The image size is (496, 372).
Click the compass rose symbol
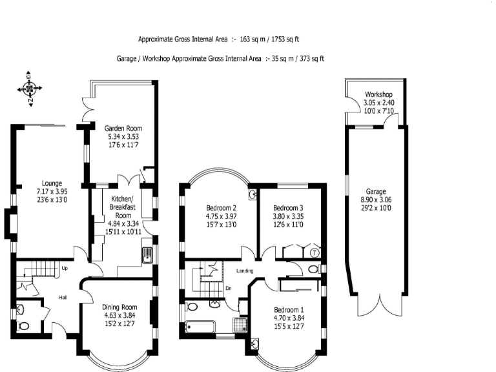point(29,87)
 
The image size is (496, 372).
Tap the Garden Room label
point(122,128)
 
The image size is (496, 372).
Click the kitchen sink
point(147,255)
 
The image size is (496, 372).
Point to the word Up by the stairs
point(65,267)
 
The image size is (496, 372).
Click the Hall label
point(64,298)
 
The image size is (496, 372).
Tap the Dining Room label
point(119,307)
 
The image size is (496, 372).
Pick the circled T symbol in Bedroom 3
point(315,253)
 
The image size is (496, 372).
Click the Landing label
point(245,271)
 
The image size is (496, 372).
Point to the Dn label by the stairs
point(229,288)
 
